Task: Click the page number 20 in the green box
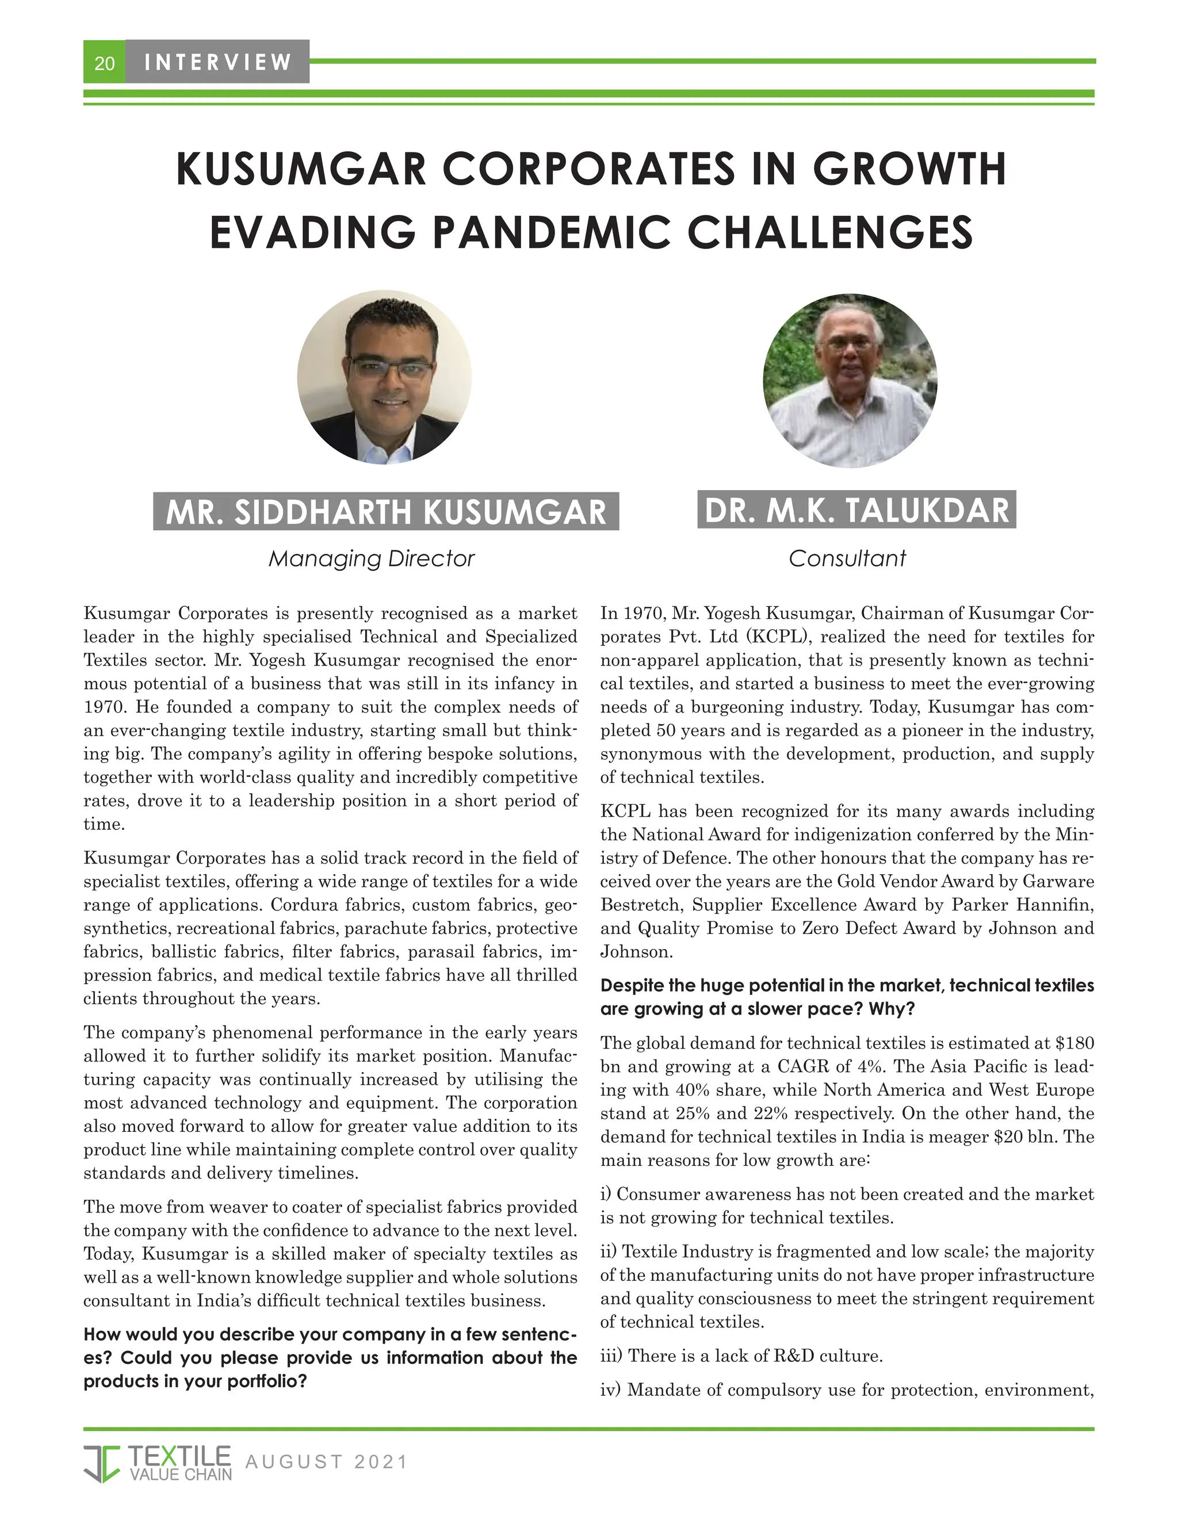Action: coord(104,64)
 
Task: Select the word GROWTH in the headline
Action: coord(909,169)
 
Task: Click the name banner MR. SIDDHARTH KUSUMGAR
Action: coord(386,512)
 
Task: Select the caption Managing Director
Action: coord(371,558)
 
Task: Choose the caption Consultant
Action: coord(847,558)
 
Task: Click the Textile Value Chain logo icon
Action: coord(102,1463)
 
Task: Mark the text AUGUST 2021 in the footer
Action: coord(326,1462)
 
